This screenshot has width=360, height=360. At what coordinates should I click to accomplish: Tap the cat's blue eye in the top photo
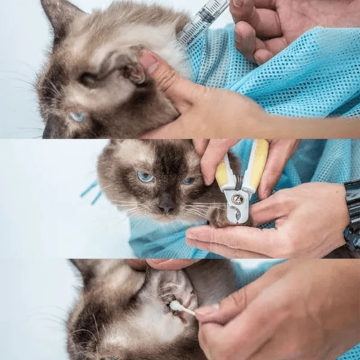tap(77, 117)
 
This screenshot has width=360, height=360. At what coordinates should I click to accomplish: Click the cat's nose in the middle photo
tap(166, 207)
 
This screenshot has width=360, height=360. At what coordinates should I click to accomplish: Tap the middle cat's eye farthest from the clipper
tap(145, 177)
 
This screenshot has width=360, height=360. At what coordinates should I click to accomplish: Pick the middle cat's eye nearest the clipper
tap(189, 181)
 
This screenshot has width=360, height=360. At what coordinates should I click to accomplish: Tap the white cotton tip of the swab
tap(175, 306)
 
